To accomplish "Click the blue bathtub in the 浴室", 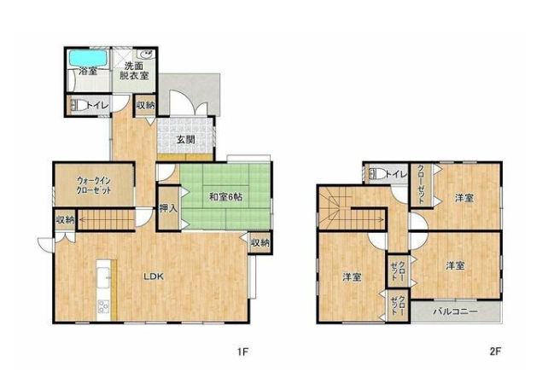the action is click(87, 58).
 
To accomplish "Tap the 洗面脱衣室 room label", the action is click(134, 71).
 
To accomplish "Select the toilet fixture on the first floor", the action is click(78, 105).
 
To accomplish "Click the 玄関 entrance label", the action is click(186, 139).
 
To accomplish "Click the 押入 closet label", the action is click(168, 208).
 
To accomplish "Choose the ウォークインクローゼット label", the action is click(94, 185).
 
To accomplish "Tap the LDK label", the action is click(155, 276).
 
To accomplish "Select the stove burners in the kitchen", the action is click(103, 305).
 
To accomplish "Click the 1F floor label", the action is click(242, 352).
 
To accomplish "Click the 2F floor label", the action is click(495, 352).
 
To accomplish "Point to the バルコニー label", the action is click(455, 311).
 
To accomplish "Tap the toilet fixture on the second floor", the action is click(375, 174).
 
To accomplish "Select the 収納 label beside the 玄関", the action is click(145, 106).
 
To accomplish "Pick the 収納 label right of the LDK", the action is click(260, 242).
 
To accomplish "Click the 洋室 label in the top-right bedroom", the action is click(464, 198).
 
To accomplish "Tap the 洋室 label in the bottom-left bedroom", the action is click(352, 276).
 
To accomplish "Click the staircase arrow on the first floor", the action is click(107, 219).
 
